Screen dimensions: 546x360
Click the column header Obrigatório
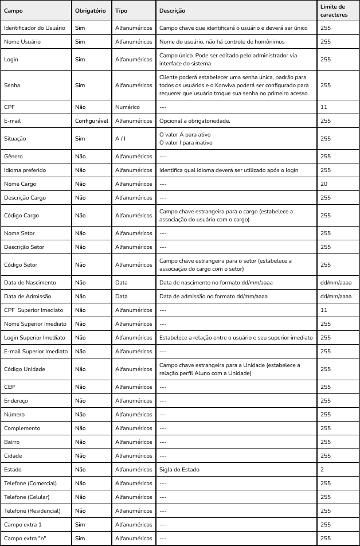pyautogui.click(x=90, y=11)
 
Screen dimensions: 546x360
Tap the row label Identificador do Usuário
pyautogui.click(x=34, y=28)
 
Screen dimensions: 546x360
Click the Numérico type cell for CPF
pyautogui.click(x=127, y=107)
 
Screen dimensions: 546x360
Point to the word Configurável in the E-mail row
pyautogui.click(x=92, y=121)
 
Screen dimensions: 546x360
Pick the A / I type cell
pyautogui.click(x=122, y=138)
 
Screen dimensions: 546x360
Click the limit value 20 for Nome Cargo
pyautogui.click(x=324, y=184)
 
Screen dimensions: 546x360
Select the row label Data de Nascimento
pyautogui.click(x=30, y=283)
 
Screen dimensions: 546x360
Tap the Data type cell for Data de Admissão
pyautogui.click(x=122, y=297)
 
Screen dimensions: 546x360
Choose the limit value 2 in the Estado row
pyautogui.click(x=322, y=469)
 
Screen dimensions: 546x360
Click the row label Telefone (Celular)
pyautogui.click(x=30, y=497)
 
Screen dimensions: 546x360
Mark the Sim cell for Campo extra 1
pyautogui.click(x=80, y=524)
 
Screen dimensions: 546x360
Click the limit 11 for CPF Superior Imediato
pyautogui.click(x=324, y=310)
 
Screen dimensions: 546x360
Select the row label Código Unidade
pyautogui.click(x=25, y=369)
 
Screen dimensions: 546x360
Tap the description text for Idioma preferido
pyautogui.click(x=237, y=170)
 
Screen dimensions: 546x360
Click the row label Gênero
pyautogui.click(x=14, y=156)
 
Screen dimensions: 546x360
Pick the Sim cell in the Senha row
pyautogui.click(x=80, y=85)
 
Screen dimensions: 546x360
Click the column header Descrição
pyautogui.click(x=173, y=11)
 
